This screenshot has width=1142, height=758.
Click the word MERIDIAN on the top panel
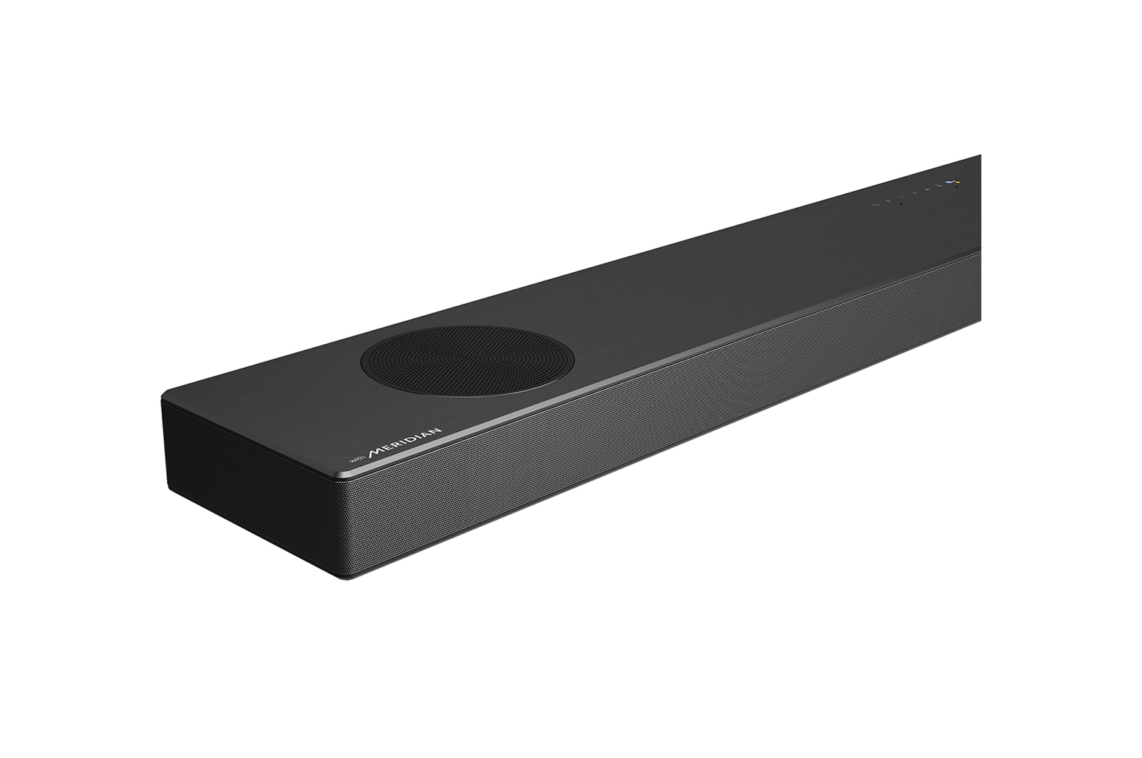coord(406,448)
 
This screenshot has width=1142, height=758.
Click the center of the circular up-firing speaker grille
coord(467,361)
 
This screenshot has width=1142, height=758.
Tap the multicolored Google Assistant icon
coord(953,182)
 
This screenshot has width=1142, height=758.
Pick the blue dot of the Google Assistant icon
coord(949,182)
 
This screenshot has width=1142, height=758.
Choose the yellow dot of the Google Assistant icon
coord(958,183)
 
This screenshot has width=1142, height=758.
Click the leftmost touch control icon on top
coord(876,205)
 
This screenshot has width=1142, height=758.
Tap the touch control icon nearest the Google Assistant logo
coord(939,186)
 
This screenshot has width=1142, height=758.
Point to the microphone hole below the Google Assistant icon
coord(957,187)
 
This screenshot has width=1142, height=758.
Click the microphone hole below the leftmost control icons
coord(901,204)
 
